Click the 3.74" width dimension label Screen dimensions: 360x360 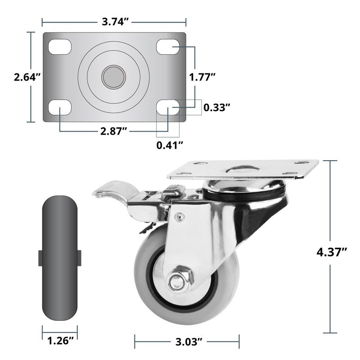coord(115,22)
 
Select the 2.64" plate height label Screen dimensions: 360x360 coord(27,77)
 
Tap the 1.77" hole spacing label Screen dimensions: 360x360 coord(202,77)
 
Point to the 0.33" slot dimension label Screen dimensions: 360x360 coord(217,108)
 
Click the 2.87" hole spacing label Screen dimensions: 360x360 coord(114,131)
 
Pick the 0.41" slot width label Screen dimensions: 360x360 coord(170,145)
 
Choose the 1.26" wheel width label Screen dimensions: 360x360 coord(61,341)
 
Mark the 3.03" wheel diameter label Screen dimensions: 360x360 coord(189,342)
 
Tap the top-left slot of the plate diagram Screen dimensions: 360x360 coord(60,47)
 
